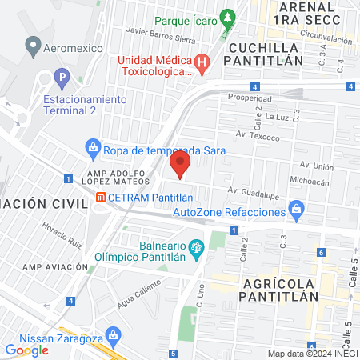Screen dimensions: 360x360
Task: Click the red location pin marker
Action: click(x=180, y=166)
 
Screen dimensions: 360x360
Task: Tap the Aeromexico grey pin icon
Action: click(x=33, y=47)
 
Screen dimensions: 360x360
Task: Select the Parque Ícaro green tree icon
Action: click(x=228, y=16)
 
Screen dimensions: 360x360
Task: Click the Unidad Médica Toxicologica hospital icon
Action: click(x=202, y=62)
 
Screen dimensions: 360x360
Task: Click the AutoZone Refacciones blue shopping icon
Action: click(x=297, y=211)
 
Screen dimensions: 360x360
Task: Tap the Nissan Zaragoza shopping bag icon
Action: click(x=113, y=334)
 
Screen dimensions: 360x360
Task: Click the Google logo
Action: click(x=26, y=350)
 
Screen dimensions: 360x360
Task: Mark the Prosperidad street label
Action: click(x=245, y=98)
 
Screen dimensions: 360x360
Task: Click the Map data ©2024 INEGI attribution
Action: click(x=311, y=353)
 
